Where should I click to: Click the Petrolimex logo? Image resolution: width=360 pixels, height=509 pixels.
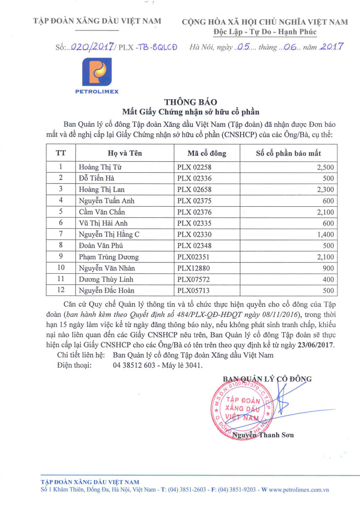[x=97, y=75]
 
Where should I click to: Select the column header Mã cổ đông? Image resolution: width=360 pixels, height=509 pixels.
[x=207, y=153]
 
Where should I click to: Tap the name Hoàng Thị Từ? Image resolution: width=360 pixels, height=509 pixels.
[x=97, y=167]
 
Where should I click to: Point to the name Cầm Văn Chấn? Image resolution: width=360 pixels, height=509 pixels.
[x=102, y=212]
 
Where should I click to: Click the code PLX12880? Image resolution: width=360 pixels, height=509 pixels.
[x=192, y=268]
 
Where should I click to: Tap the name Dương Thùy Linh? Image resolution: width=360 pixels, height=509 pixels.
[x=102, y=279]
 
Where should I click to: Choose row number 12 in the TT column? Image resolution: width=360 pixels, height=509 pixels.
[x=60, y=290]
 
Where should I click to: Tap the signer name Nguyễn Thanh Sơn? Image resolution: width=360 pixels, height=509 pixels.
[x=263, y=435]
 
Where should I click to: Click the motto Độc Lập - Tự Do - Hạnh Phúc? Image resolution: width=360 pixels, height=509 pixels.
[x=265, y=32]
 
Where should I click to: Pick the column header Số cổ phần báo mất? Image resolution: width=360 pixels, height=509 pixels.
[x=288, y=153]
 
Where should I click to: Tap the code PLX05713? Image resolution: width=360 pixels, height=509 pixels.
[x=192, y=290]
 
